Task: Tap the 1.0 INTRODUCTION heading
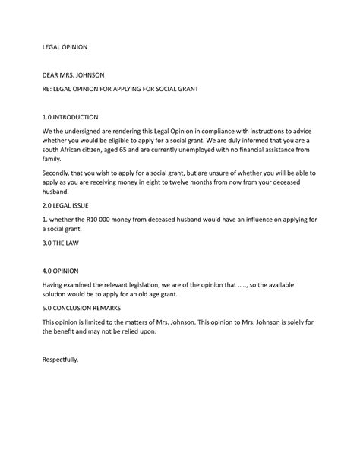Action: tap(70, 118)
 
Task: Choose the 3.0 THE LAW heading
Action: tap(60, 243)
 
